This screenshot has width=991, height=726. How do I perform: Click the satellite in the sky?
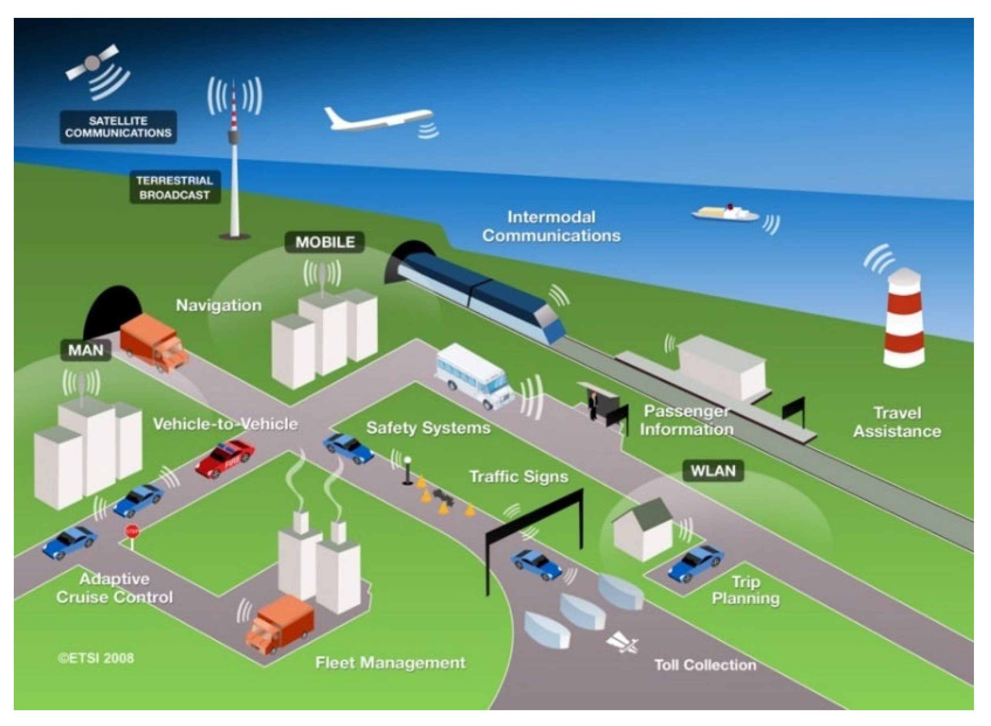coord(92,63)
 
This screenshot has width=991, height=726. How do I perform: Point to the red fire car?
coord(225,459)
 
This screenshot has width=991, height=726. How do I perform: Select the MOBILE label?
coord(324,242)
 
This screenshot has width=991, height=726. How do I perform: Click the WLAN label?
coord(713,471)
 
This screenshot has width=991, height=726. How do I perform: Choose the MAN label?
coord(86,350)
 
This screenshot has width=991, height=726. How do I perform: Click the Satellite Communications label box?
coord(118,127)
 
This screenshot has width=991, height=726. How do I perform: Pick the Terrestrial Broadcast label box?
coord(174,187)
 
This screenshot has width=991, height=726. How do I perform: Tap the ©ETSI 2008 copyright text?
coord(96,658)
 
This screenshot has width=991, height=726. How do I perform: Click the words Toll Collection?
coord(705,665)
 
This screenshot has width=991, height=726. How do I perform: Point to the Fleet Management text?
coord(390,662)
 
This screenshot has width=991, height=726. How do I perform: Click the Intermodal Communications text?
coord(551,226)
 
